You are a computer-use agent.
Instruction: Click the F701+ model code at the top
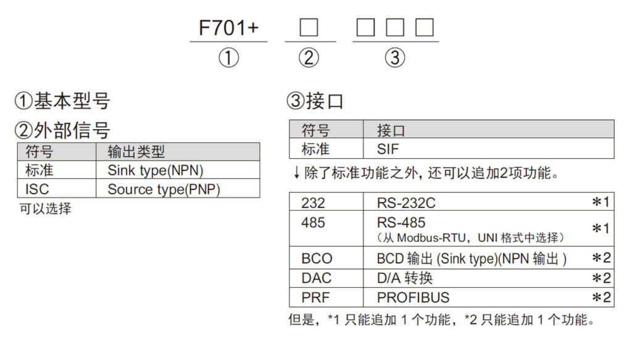click(x=228, y=28)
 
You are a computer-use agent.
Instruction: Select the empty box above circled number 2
click(x=309, y=28)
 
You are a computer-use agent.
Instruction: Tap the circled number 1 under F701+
click(x=228, y=58)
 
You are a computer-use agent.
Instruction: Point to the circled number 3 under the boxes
click(x=395, y=58)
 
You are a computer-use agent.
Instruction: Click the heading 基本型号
click(x=72, y=101)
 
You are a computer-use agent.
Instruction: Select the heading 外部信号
click(x=72, y=130)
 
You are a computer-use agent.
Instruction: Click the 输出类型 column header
click(x=136, y=152)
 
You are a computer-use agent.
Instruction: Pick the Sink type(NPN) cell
click(x=155, y=170)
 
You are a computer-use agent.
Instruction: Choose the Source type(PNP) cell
click(x=164, y=189)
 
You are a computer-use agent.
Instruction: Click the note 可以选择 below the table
click(x=45, y=209)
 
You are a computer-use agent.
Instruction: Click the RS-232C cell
click(x=406, y=202)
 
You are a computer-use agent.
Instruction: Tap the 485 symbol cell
click(x=314, y=222)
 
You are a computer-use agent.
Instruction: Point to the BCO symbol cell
click(x=317, y=259)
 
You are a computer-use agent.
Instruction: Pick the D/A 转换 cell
click(x=404, y=278)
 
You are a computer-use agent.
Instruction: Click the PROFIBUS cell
click(x=413, y=297)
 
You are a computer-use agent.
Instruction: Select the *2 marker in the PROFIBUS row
click(x=601, y=298)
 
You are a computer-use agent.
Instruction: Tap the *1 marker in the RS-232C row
click(x=601, y=203)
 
